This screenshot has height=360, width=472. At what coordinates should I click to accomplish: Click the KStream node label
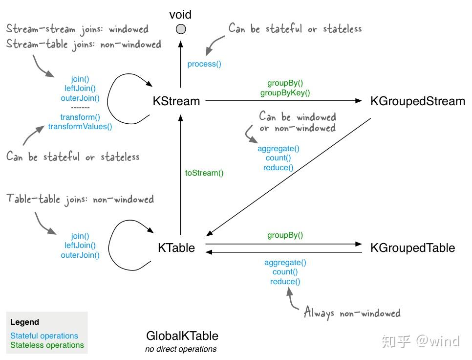pos(176,101)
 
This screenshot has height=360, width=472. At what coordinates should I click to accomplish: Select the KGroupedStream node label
pos(417,101)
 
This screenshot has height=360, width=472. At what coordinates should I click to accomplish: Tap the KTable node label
pos(176,248)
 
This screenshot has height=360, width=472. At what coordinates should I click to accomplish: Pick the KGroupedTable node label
pos(412,248)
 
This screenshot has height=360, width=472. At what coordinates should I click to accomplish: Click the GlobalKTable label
pos(182,336)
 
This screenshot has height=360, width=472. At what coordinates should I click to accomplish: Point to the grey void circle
pos(181,29)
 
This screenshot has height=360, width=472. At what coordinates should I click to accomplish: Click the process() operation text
pos(204,64)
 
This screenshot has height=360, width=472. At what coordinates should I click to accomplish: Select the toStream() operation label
pos(204,173)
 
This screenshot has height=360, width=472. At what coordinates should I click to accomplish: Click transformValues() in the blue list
pos(80,127)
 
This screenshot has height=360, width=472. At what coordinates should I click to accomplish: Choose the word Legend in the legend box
pos(24,322)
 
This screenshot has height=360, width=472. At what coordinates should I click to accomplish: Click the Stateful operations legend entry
pos(44,336)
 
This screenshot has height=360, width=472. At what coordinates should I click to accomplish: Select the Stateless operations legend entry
pos(47,345)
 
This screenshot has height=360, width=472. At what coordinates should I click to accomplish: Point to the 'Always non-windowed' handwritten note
pos(352,313)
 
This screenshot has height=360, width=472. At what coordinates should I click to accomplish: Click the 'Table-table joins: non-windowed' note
pos(80,199)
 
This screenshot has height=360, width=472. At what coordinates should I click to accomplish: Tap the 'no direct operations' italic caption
pos(181,349)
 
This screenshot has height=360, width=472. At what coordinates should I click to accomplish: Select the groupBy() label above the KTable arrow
pos(285,235)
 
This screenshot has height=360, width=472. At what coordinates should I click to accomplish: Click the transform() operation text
pos(80,117)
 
